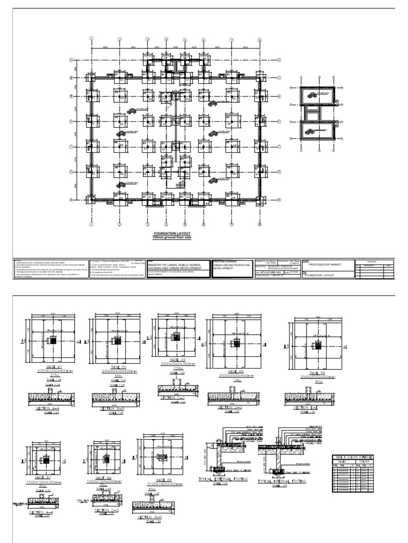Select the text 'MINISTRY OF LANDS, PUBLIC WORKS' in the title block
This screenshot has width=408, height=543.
[x=172, y=269]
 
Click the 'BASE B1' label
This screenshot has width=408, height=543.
[x=51, y=366]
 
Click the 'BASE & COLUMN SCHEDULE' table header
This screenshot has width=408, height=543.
[x=353, y=457]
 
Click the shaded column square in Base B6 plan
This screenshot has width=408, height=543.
[x=317, y=345]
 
